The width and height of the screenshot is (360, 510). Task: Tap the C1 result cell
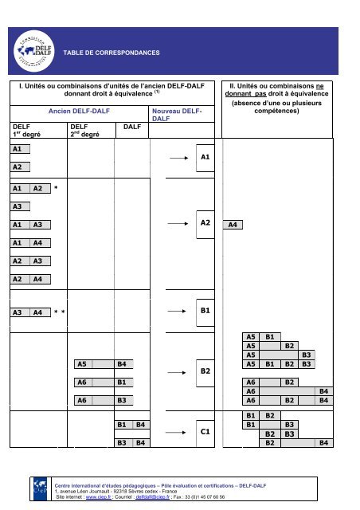204,431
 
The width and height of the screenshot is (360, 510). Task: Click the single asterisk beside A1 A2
56,189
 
